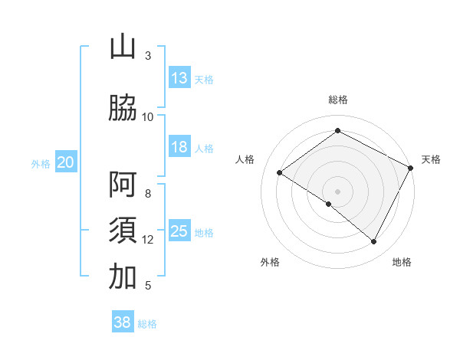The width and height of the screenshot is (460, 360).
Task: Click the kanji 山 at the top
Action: coord(123,47)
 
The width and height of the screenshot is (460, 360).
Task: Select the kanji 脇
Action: coord(123,108)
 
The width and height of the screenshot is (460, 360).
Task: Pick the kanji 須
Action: coord(123,231)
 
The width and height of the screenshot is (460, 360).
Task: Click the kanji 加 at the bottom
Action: coord(123,277)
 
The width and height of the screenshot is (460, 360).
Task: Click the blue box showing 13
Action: coord(179,78)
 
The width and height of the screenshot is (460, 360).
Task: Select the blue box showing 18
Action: coord(179,147)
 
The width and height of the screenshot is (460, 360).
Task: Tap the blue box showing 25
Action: coord(179,231)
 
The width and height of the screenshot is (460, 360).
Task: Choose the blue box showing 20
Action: coord(66,162)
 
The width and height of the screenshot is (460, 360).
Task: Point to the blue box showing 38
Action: coord(123,322)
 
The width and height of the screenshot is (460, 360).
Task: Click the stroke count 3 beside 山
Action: coord(148,56)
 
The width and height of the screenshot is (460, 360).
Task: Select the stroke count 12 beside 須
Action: coord(148,240)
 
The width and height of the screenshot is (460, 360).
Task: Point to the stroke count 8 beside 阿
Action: coord(148,194)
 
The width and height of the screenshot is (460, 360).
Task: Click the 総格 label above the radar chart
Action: coord(337,100)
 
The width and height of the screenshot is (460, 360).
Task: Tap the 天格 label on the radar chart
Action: coord(432,159)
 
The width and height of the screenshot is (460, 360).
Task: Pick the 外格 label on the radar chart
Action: coord(270,262)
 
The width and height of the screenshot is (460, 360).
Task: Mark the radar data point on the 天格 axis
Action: coord(410,168)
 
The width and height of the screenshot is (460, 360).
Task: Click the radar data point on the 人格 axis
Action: coord(280,172)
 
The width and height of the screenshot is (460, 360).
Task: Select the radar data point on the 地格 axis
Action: coord(374,241)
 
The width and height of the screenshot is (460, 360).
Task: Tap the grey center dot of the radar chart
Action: coord(337,191)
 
